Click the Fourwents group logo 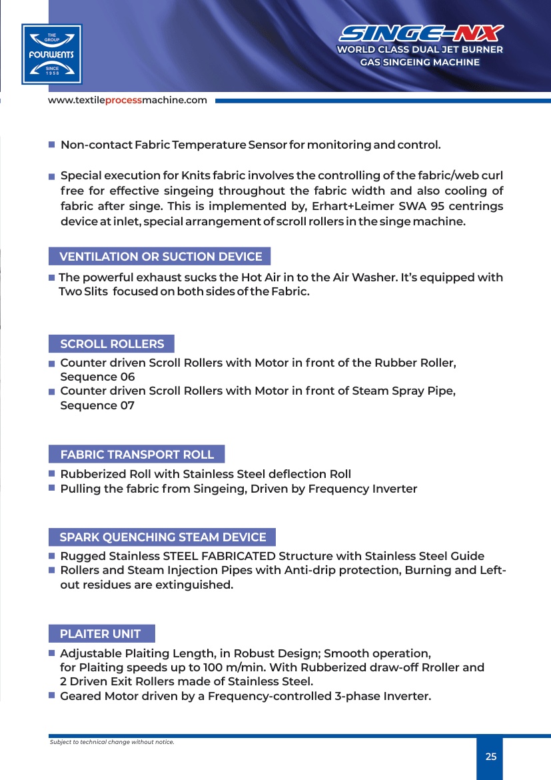pyautogui.click(x=51, y=54)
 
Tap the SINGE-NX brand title pyautogui.click(x=421, y=33)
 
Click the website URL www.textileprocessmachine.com pyautogui.click(x=127, y=101)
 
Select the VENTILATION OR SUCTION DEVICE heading pyautogui.click(x=161, y=257)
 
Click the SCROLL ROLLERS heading pyautogui.click(x=112, y=344)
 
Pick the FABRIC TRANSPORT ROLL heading pyautogui.click(x=137, y=455)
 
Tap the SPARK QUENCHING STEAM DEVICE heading pyautogui.click(x=163, y=537)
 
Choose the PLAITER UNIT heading pyautogui.click(x=101, y=634)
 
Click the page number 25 pyautogui.click(x=491, y=757)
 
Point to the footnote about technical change pyautogui.click(x=112, y=742)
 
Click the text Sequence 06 pyautogui.click(x=97, y=377)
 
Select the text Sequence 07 pyautogui.click(x=97, y=405)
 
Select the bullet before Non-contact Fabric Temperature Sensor pyautogui.click(x=51, y=145)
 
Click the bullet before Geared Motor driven pyautogui.click(x=51, y=695)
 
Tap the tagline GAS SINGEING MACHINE pyautogui.click(x=420, y=63)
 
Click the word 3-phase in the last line pyautogui.click(x=358, y=697)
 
